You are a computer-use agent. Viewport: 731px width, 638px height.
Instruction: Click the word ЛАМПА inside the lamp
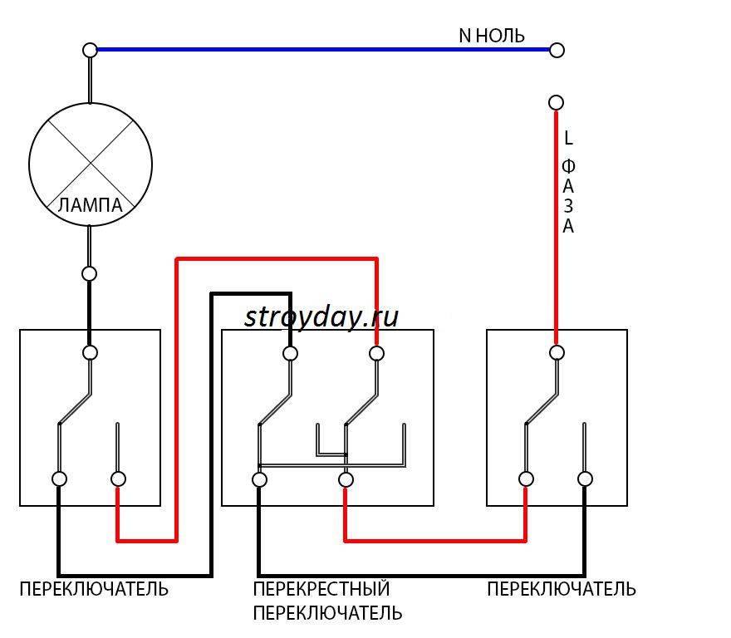tap(91, 205)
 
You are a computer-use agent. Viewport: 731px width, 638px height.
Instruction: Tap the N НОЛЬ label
tap(492, 36)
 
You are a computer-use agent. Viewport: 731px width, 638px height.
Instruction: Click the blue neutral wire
tap(324, 50)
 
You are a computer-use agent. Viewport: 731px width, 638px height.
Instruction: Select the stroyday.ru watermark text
tap(321, 317)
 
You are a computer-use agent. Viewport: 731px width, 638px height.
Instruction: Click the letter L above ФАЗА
tap(568, 138)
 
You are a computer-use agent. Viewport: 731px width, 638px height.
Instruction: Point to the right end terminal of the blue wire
tap(557, 50)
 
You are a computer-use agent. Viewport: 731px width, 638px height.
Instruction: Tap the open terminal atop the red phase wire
tap(557, 102)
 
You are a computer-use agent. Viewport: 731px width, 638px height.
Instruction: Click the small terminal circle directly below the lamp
tap(90, 273)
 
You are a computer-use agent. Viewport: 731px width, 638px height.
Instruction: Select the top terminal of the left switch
tap(90, 352)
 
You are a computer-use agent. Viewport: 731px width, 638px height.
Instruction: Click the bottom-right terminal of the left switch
tap(118, 478)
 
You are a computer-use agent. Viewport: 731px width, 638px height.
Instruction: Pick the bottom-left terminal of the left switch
tap(59, 478)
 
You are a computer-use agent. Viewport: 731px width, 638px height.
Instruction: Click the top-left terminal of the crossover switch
tap(290, 353)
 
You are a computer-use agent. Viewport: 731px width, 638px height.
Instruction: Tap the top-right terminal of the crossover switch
tap(376, 353)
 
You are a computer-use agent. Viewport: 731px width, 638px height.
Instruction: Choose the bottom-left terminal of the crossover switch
tap(259, 479)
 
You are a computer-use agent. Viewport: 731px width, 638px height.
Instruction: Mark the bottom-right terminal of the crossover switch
tap(346, 479)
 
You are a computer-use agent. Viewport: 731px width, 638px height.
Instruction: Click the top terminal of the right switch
tap(557, 352)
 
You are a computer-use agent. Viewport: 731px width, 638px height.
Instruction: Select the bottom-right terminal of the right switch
tap(585, 478)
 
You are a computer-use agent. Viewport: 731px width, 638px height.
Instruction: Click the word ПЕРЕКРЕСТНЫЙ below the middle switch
tap(321, 590)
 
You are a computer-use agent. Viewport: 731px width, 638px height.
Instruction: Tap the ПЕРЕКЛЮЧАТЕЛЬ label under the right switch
tap(562, 590)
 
